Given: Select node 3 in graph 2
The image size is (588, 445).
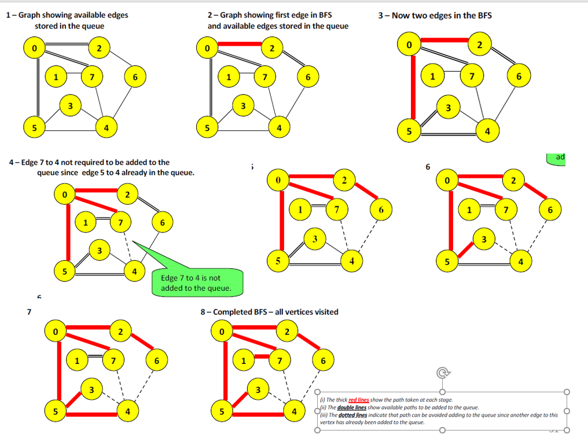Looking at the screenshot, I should pos(243,105).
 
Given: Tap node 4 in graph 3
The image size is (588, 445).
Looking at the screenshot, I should pos(487,131).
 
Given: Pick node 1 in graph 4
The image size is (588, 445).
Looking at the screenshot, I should pos(86,222).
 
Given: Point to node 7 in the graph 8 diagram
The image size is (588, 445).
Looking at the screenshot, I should pos(280,361).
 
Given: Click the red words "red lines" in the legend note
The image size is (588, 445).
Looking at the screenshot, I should pos(359,400).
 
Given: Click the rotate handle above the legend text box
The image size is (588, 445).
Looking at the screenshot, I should pos(443,372).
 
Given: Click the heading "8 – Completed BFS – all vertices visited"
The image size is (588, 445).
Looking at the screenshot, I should pos(269,312).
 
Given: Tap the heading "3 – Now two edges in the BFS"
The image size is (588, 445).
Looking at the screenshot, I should pos(435,15).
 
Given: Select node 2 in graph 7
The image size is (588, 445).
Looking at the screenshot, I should pos(120,332).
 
